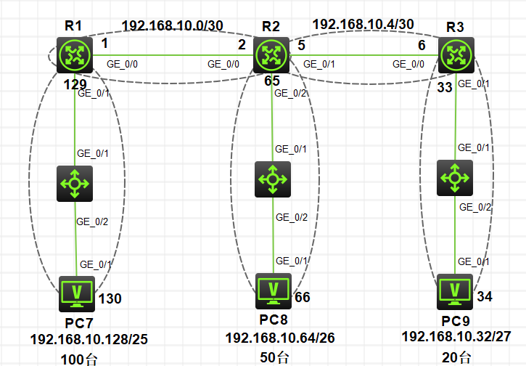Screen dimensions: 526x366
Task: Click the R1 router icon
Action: [x=75, y=55]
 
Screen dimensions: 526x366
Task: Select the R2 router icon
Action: [x=271, y=55]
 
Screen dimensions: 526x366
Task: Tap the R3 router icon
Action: [x=456, y=55]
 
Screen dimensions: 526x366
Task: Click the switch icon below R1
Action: [x=75, y=184]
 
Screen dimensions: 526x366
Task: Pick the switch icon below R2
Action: [x=273, y=179]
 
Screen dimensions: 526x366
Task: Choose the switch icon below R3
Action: [x=455, y=178]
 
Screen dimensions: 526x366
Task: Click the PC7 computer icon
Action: [x=77, y=294]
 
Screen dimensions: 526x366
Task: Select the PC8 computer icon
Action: [x=274, y=291]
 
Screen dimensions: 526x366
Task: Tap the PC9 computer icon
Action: [x=455, y=292]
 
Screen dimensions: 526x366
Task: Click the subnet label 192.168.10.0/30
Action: [x=173, y=25]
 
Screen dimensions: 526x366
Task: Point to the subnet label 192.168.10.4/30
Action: [x=363, y=24]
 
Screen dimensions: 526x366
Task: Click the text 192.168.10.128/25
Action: [x=89, y=339]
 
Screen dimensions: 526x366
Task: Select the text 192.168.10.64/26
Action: [x=280, y=338]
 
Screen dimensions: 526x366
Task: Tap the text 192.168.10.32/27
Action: [x=456, y=336]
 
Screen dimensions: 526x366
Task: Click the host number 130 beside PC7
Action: [x=110, y=299]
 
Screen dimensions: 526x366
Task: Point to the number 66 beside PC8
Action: [x=303, y=298]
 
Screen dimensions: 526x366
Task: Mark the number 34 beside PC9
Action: [x=485, y=296]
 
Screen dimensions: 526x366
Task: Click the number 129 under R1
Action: [x=75, y=85]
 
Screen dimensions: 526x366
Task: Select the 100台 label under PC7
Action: [x=79, y=359]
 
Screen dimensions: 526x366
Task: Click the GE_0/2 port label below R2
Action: [x=290, y=94]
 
